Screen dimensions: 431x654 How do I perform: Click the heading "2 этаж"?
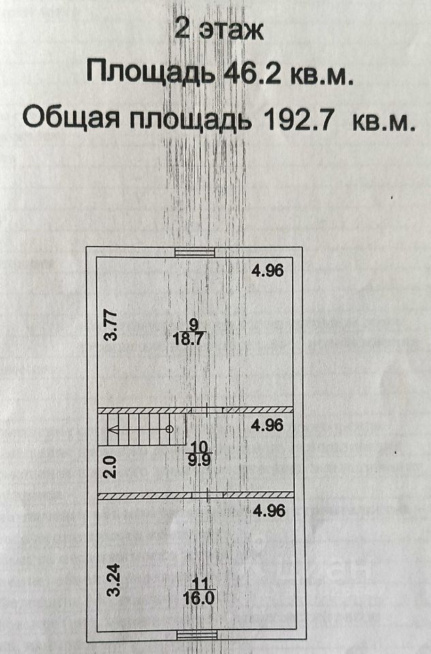[218, 30]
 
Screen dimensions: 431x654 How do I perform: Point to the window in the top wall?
[195, 251]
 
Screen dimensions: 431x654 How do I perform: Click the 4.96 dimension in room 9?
[266, 270]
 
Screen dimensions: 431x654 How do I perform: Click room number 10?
[199, 446]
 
